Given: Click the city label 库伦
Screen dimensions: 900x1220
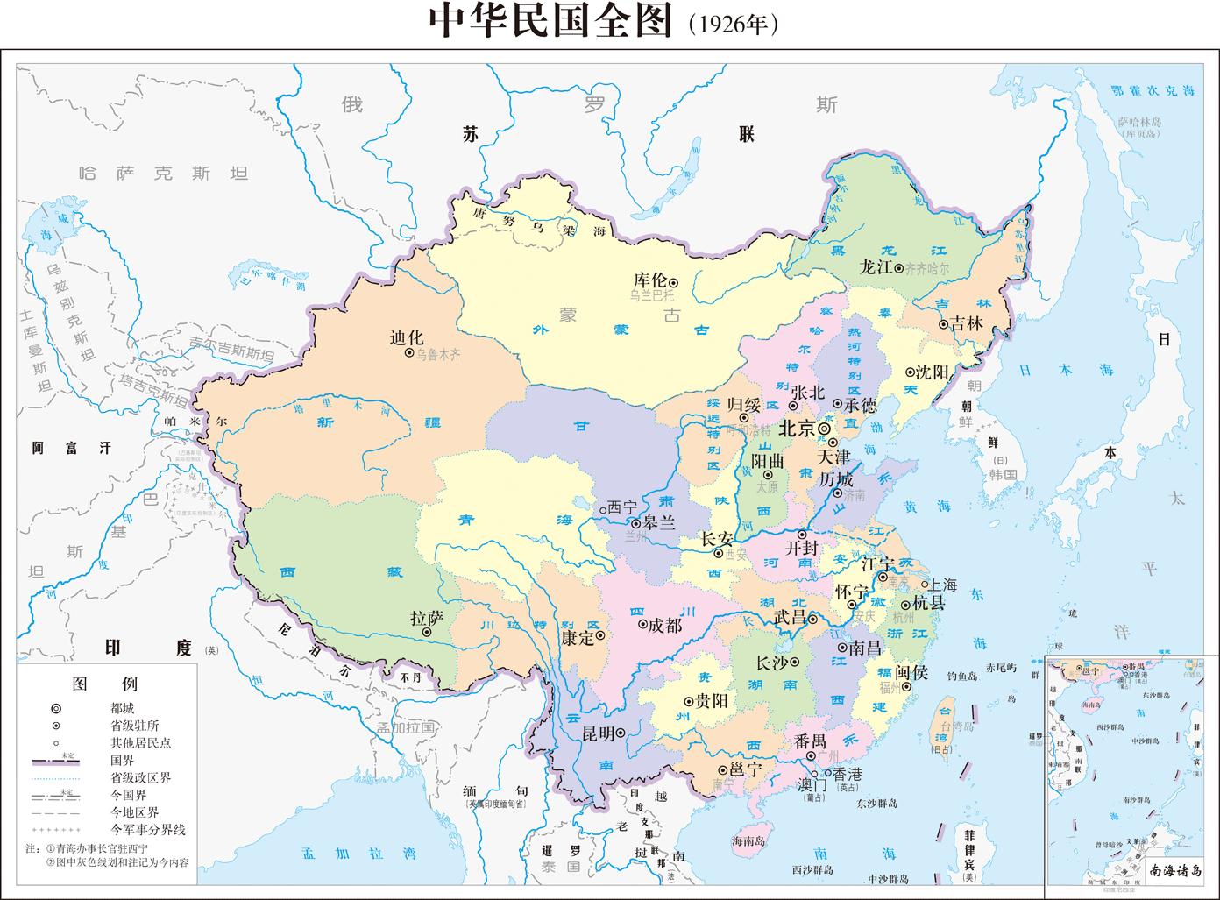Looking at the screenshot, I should click(x=649, y=280).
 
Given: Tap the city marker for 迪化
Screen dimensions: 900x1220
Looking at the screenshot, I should click(x=409, y=352).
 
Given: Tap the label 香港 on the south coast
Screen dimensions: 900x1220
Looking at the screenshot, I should click(x=847, y=775).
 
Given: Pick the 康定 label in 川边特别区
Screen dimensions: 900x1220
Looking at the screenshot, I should click(x=578, y=637).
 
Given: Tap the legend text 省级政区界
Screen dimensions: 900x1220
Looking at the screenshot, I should click(x=140, y=776).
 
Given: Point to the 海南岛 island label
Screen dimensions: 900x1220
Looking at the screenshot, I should click(x=748, y=840).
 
